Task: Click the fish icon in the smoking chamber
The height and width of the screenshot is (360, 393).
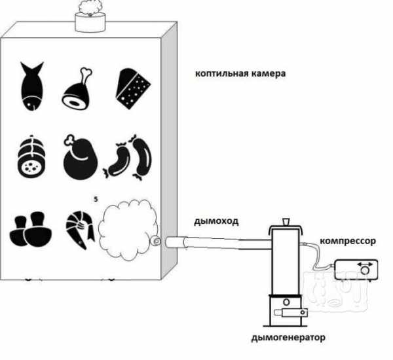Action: (x=32, y=86)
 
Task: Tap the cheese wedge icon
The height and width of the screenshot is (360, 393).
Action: (x=132, y=89)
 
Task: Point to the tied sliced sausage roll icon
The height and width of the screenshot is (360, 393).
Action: (x=31, y=156)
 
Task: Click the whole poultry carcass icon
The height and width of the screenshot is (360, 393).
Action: (x=80, y=158)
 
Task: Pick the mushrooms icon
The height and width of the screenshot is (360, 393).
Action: (x=31, y=229)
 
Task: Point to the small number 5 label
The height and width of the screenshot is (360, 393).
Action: (x=96, y=200)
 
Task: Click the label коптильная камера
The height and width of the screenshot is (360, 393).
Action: (x=240, y=74)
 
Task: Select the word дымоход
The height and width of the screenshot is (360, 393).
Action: (x=216, y=221)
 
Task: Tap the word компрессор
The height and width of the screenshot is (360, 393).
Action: (x=348, y=241)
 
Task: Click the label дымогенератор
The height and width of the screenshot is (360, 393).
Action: (x=288, y=338)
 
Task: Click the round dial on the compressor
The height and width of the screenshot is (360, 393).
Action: (x=365, y=270)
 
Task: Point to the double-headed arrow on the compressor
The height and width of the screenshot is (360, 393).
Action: (x=365, y=264)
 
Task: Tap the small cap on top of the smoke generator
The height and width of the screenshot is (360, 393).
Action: (x=286, y=222)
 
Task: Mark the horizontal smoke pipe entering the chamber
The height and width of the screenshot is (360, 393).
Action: (x=218, y=243)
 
